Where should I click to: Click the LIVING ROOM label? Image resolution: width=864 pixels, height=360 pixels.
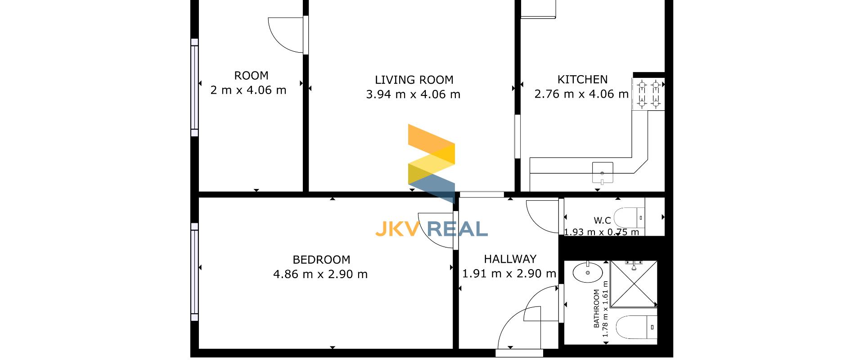point(414,80)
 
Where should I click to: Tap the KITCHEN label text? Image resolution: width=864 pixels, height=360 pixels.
point(582,80)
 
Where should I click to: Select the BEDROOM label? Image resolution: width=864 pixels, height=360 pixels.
point(321,260)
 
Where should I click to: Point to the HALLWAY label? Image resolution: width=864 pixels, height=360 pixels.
point(510,259)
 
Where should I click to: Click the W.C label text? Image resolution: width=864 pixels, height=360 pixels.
point(602,220)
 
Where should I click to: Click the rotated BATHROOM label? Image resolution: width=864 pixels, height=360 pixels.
point(596,309)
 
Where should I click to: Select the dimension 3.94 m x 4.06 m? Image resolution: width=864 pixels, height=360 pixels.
point(413,94)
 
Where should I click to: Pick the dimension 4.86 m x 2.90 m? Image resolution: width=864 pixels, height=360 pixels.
point(320,274)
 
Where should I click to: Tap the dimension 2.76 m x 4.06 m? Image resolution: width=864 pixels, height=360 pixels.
point(581,94)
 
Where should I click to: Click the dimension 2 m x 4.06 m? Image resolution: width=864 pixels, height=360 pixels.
point(248,90)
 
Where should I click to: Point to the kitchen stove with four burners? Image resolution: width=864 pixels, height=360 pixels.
point(648,94)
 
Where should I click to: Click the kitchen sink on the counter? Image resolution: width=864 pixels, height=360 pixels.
point(603,172)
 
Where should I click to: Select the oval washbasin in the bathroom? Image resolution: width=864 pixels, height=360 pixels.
point(588,272)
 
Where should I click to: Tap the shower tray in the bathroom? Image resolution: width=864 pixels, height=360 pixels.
point(634,284)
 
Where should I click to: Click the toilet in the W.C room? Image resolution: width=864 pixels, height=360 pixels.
point(630,217)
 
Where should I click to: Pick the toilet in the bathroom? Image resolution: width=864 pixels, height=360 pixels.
point(636,327)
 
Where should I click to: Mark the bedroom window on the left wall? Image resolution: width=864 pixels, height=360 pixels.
point(194,272)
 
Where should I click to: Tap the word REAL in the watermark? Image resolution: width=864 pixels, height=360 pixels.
point(458,229)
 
